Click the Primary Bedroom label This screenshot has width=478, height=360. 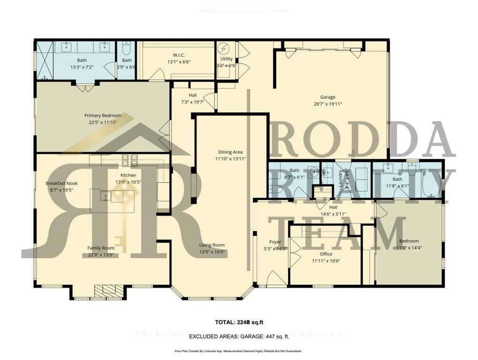coord(103,115)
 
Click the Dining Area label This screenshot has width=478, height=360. coord(230,152)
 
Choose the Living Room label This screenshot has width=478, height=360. coord(212,245)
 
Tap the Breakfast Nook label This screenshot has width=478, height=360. coord(62,183)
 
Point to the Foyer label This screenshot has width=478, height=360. coord(275,242)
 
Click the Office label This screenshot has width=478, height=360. coord(326,254)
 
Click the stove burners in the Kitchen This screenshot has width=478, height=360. coord(128,160)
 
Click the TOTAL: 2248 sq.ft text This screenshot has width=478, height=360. coord(238,322)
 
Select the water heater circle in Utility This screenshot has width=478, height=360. coord(223,49)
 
